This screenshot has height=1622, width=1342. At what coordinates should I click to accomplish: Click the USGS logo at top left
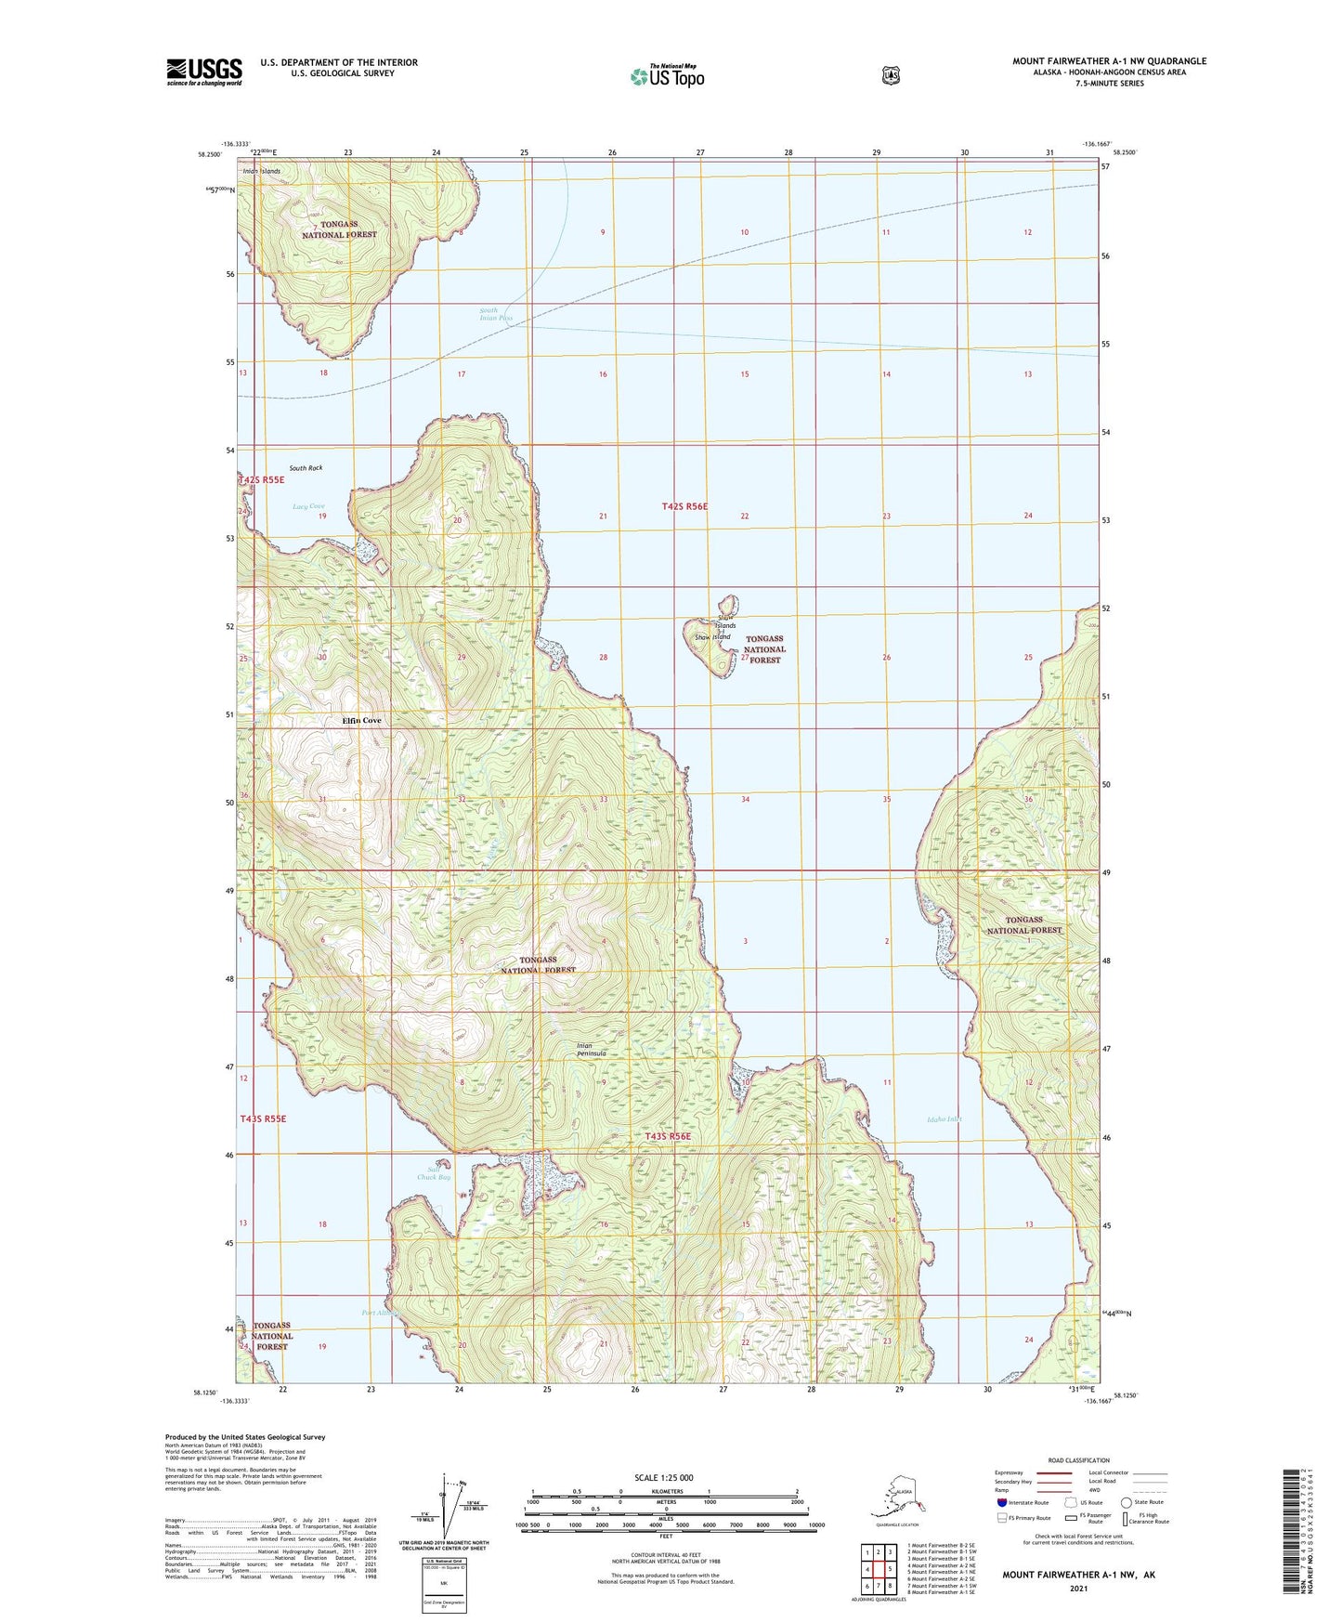click(x=203, y=72)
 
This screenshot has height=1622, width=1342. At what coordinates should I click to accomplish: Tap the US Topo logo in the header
click(x=667, y=76)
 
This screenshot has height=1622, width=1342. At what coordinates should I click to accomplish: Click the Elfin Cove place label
click(x=361, y=720)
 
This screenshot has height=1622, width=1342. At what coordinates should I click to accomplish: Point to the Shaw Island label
click(x=712, y=637)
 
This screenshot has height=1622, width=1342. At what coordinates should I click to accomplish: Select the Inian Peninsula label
click(x=592, y=1050)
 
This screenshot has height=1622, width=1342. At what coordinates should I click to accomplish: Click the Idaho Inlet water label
click(x=944, y=1118)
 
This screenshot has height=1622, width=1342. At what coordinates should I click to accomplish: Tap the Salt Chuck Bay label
click(x=433, y=1172)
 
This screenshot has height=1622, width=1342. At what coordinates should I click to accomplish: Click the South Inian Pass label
click(x=495, y=314)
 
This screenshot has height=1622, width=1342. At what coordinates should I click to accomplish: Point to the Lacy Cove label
click(x=308, y=506)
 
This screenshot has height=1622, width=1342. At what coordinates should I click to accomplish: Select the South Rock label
click(x=306, y=468)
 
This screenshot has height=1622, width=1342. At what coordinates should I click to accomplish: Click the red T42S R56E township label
click(x=684, y=506)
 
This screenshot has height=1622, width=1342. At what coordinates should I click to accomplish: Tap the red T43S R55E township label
click(x=263, y=1118)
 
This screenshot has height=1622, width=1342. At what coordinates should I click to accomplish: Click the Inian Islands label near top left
click(x=261, y=171)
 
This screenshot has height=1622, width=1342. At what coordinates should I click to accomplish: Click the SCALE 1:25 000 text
click(x=663, y=1477)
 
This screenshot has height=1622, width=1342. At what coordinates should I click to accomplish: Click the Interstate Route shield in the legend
click(x=1001, y=1502)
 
